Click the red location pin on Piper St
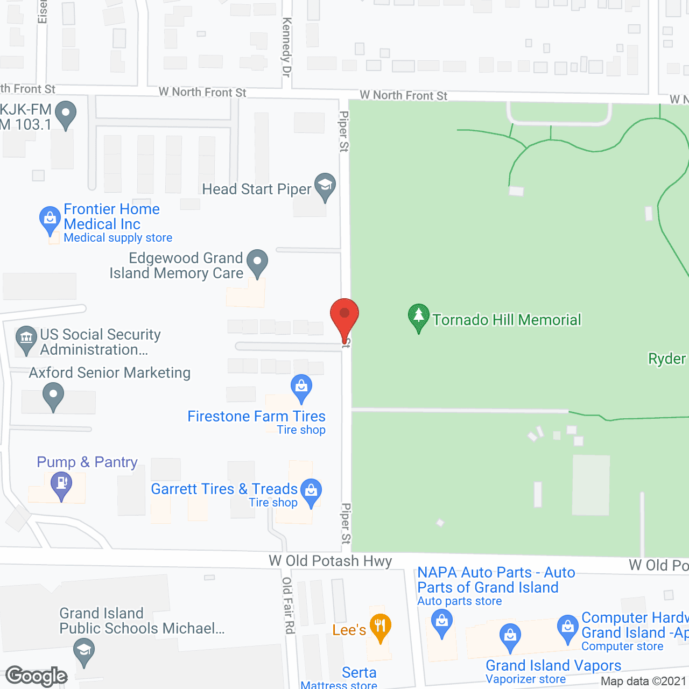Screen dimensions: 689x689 pos(344,315)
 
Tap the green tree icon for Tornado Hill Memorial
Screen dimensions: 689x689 pos(418,317)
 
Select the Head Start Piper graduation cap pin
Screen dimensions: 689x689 pos(325,186)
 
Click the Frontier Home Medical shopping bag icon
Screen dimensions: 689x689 pos(50,219)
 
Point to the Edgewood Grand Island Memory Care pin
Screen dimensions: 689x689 pos(257,262)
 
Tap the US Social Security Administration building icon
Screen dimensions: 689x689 pos(26,339)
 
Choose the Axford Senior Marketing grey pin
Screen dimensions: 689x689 pos(53,395)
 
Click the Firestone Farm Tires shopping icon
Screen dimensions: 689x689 pos(301,387)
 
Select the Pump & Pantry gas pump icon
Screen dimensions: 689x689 pos(62,484)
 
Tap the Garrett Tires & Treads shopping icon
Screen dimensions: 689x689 pos(311,491)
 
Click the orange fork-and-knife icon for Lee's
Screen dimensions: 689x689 pos(380,627)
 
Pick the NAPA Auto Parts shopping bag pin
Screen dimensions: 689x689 pos(442,622)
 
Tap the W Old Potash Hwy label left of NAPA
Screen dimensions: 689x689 pos(331,561)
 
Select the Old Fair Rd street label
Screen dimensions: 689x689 pos(288,605)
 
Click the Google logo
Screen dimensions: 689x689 pos(37,676)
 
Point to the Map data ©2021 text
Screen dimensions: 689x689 pos(644,681)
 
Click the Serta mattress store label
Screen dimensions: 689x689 pos(359,673)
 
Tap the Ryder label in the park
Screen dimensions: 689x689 pos(667,358)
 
